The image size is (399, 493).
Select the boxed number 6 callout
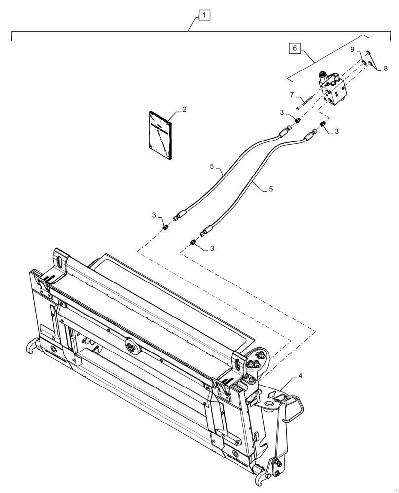[294, 48]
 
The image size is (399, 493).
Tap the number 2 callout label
[184, 110]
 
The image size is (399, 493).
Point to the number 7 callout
[292, 94]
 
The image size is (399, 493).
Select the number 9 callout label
[353, 50]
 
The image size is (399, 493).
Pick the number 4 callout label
[300, 376]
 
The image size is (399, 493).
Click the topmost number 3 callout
[282, 113]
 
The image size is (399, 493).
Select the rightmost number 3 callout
[336, 131]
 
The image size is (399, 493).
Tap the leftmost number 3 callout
[154, 215]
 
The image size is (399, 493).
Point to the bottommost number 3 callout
[212, 248]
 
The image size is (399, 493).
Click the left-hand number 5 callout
[212, 167]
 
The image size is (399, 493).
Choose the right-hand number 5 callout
[271, 189]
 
